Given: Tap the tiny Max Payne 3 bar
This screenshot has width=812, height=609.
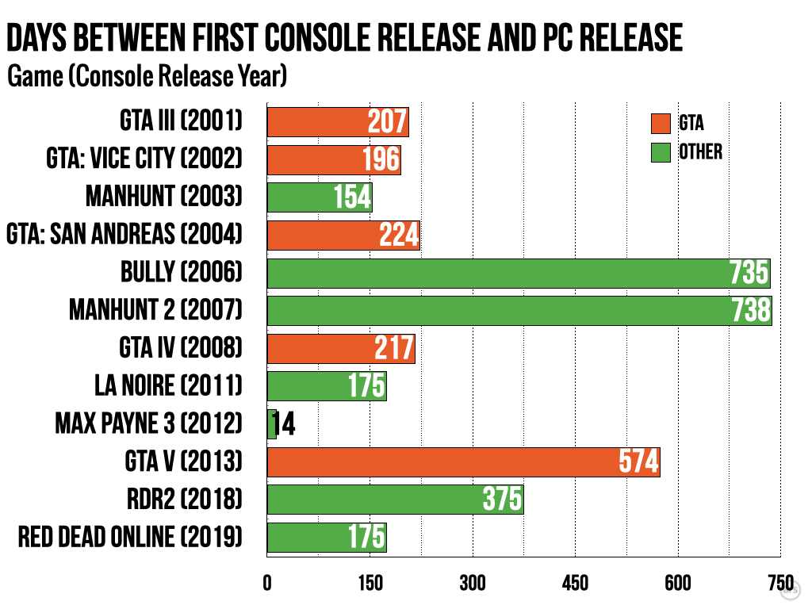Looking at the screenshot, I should [x=271, y=423].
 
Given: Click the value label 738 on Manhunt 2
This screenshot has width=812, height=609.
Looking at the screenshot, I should [x=750, y=311].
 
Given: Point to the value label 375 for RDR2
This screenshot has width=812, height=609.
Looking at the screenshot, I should [x=502, y=500].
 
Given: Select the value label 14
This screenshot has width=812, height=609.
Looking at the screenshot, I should [x=285, y=424].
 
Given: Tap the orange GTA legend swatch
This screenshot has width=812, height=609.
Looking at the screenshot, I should [x=661, y=124].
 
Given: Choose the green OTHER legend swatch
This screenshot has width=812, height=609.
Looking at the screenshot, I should [x=661, y=151].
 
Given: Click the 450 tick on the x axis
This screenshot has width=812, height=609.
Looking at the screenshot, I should [x=575, y=583].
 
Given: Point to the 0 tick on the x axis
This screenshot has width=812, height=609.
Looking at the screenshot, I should [x=267, y=583].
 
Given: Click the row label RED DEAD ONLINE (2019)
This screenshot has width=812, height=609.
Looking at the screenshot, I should [x=130, y=537].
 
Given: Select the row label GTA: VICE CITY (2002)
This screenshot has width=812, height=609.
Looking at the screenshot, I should [x=144, y=159].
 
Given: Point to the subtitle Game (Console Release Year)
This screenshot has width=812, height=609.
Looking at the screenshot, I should [x=147, y=77].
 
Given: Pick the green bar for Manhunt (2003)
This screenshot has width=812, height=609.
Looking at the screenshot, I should [x=319, y=197].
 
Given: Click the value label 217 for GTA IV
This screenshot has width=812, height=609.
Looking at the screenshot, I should [x=394, y=349].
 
